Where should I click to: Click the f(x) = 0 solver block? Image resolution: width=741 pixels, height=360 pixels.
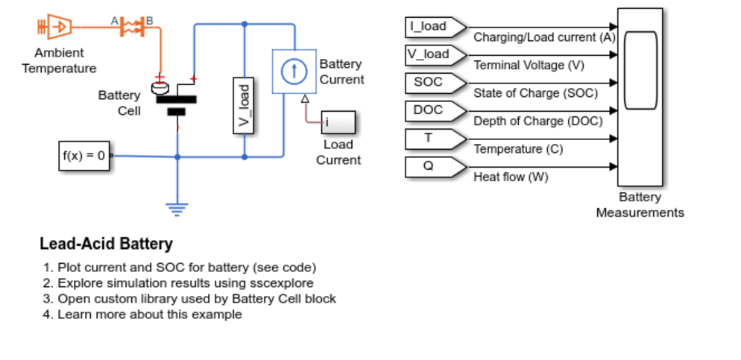tap(84, 156)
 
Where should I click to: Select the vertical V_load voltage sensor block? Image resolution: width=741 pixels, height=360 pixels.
tap(243, 105)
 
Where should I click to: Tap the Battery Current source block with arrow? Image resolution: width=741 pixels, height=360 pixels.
tap(294, 72)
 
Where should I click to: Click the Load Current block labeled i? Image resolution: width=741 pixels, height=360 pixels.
tap(338, 121)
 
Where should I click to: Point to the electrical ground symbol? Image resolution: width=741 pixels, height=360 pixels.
tap(177, 209)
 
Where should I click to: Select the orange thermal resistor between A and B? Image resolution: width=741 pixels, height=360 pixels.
tap(132, 27)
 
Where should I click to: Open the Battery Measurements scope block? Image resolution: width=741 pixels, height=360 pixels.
tap(640, 97)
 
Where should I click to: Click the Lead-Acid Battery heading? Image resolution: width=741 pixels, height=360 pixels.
tap(106, 244)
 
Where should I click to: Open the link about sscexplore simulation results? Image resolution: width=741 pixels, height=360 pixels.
tap(185, 283)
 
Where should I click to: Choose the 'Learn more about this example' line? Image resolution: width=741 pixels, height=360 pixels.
tap(149, 315)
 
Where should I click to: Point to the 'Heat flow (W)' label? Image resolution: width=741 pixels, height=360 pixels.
tap(511, 177)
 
